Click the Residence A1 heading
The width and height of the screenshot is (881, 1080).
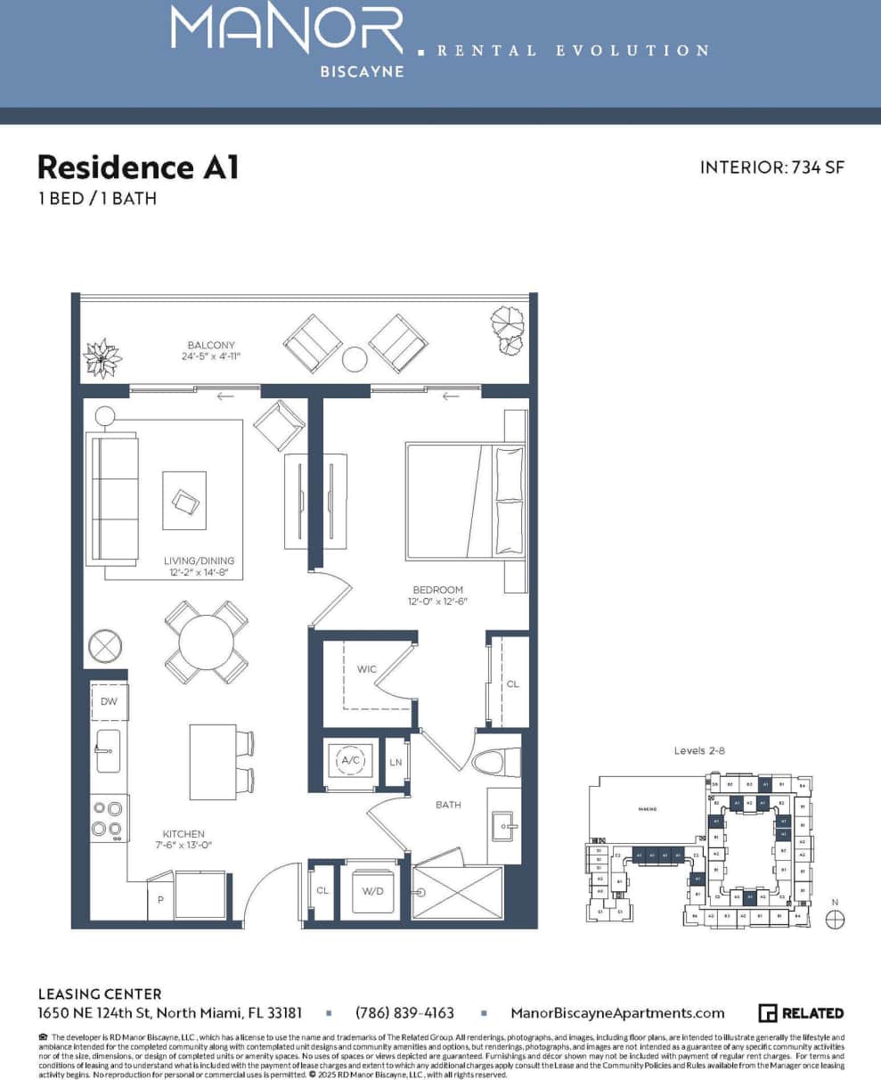click(x=138, y=167)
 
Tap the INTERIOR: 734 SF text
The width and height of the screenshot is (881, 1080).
click(x=771, y=167)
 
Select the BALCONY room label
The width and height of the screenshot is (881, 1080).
click(x=211, y=345)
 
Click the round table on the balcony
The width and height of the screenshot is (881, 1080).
click(x=355, y=359)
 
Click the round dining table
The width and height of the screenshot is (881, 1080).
click(x=207, y=642)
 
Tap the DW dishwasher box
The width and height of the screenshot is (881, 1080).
click(x=109, y=701)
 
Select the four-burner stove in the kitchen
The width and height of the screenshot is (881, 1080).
click(x=109, y=819)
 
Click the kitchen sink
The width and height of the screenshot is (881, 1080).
click(x=108, y=751)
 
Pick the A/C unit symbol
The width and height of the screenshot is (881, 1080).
click(x=348, y=762)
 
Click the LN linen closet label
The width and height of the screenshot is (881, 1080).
click(x=396, y=763)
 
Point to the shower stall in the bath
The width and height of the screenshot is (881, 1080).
click(x=459, y=891)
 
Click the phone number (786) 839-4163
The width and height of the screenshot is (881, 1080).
click(x=404, y=1013)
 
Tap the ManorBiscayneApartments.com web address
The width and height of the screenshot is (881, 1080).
click(x=617, y=1013)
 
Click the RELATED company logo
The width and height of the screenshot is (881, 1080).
click(x=801, y=1013)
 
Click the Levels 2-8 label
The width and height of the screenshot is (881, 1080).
click(x=699, y=751)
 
